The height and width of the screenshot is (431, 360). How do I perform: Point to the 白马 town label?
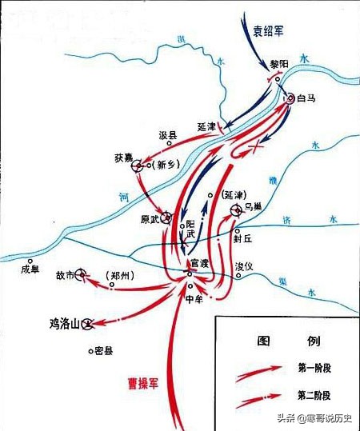307,100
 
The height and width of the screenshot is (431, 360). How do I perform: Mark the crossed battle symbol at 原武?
166,216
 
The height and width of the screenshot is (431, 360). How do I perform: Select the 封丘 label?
242,237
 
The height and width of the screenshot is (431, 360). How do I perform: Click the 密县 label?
104,351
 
